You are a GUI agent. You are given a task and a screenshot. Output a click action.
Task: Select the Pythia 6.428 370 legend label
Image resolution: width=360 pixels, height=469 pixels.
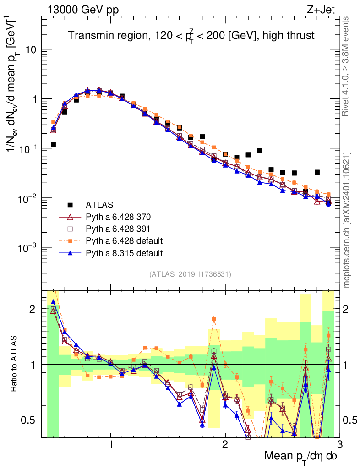pos(124,217)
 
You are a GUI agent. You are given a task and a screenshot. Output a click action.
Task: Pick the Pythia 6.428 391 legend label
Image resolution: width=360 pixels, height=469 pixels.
pos(124,229)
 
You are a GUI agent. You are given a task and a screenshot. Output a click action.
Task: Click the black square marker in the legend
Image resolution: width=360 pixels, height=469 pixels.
pos(70,204)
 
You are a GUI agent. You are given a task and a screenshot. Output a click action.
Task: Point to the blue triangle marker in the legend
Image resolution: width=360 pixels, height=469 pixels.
pos(70,253)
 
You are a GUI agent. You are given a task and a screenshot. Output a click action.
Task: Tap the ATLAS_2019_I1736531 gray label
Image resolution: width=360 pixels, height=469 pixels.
pos(190,274)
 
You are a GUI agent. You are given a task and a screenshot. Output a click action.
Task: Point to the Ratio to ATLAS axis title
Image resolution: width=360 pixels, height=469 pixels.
pos(15,364)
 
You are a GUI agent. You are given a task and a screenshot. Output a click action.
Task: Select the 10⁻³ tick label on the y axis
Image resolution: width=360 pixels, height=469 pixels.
pos(28,247)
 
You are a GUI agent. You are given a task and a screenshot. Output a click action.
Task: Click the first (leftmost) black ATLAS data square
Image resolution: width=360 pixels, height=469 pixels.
pos(53,144)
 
